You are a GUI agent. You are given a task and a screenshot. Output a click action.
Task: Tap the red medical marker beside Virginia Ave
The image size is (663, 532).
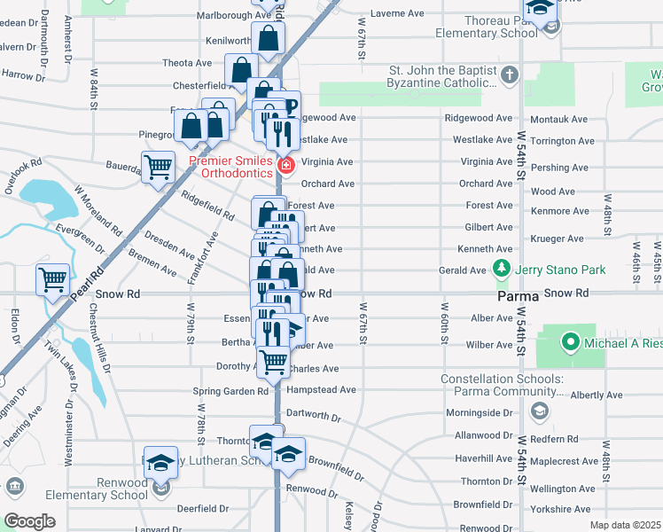click(285, 166)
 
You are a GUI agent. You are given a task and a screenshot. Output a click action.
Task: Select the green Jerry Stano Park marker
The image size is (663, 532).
click(503, 268)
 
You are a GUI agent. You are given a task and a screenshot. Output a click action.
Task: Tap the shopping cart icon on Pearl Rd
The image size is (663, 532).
click(53, 280)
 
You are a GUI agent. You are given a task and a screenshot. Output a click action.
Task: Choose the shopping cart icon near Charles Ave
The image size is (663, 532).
click(274, 361)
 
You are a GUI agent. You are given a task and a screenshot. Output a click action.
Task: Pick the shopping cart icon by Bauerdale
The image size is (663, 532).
click(158, 166)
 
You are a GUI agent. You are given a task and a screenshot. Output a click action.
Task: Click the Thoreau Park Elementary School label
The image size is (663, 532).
click(486, 27)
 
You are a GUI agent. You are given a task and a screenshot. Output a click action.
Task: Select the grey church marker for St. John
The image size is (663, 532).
click(510, 76)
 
